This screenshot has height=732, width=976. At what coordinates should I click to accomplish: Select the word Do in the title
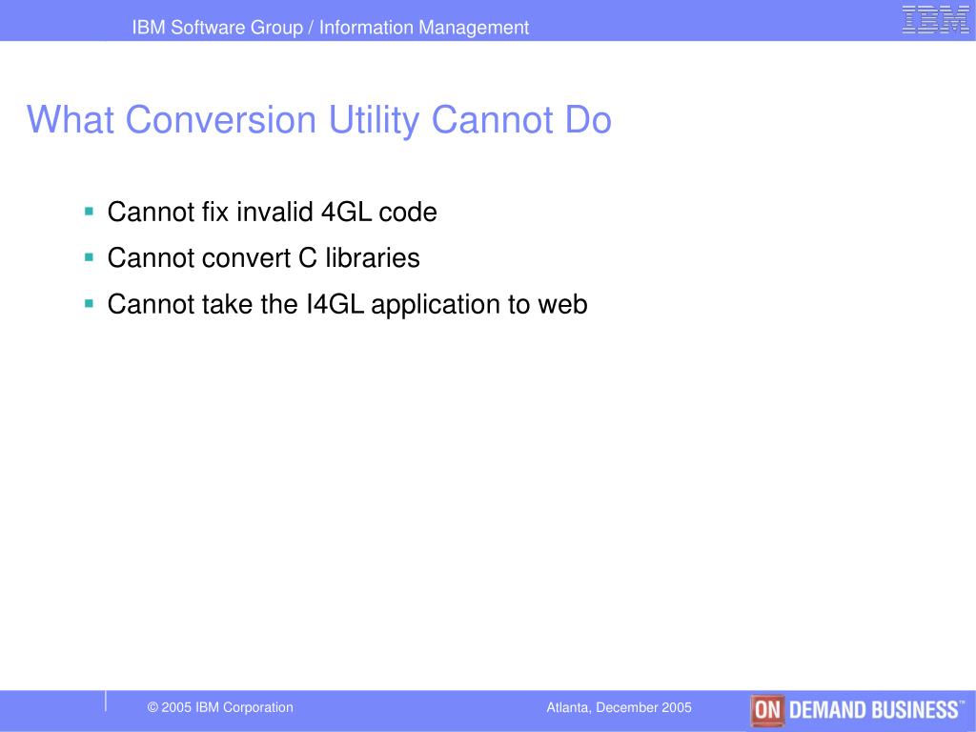[587, 121]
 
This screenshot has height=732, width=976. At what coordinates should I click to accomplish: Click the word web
[562, 305]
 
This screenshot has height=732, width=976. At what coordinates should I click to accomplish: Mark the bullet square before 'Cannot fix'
[89, 210]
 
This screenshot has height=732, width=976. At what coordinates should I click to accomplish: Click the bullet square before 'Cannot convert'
[89, 256]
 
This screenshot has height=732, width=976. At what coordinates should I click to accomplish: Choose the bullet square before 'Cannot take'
[89, 303]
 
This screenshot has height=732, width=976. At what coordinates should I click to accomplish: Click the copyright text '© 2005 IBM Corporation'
[220, 707]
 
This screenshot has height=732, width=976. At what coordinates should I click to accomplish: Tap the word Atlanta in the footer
[568, 707]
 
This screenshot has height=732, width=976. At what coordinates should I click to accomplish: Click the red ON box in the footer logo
[766, 710]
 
